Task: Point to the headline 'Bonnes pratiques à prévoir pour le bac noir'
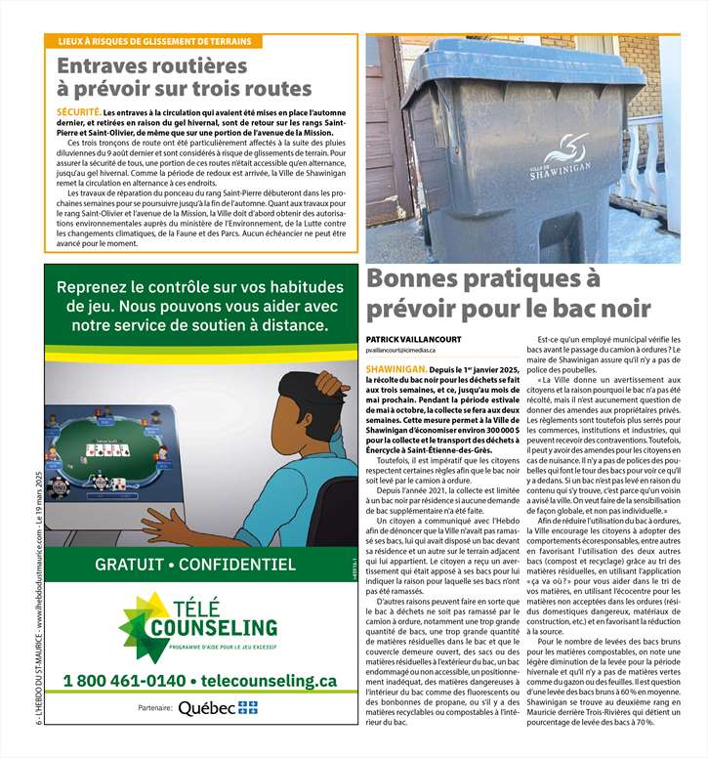pyautogui.click(x=507, y=293)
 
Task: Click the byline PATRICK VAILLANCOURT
pyautogui.click(x=407, y=338)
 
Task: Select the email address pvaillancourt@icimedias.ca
pyautogui.click(x=400, y=350)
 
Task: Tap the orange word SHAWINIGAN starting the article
pyautogui.click(x=396, y=370)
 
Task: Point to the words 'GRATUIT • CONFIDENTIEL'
pyautogui.click(x=195, y=565)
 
